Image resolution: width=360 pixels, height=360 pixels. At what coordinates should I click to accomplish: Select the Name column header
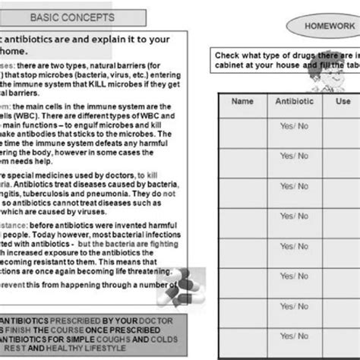(242, 100)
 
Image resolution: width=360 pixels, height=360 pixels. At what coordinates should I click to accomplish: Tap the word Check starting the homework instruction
(228, 56)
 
